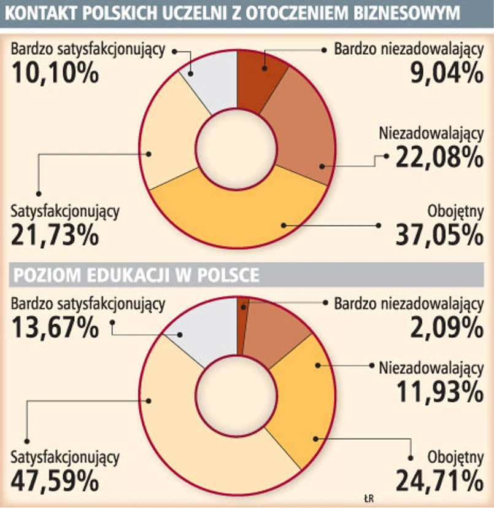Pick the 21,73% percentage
pos(55,235)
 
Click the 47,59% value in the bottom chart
pos(55,480)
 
